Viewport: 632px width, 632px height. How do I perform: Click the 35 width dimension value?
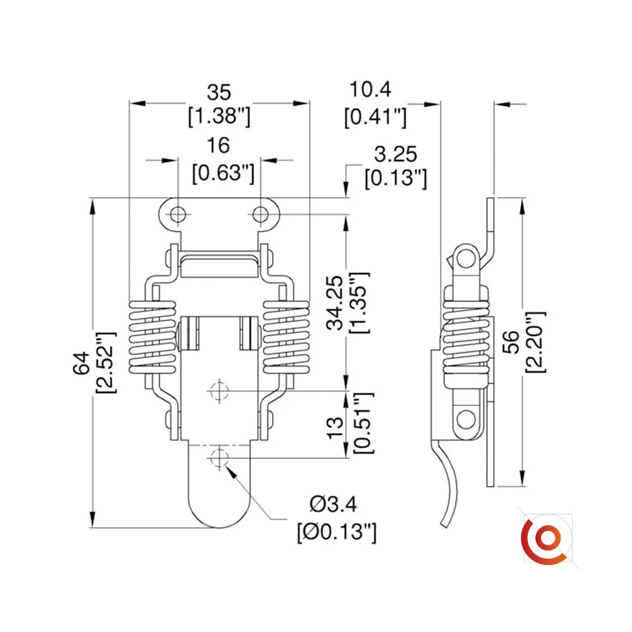(219, 92)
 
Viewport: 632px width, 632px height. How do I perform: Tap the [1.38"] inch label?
(219, 116)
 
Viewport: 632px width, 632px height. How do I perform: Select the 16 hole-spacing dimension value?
(218, 145)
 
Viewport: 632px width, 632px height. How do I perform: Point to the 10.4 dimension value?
(370, 90)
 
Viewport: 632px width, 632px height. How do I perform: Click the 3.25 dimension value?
(396, 154)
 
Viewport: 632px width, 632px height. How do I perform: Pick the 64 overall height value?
(82, 363)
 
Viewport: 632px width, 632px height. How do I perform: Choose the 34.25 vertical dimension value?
(334, 303)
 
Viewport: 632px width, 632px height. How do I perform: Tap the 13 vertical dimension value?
(336, 428)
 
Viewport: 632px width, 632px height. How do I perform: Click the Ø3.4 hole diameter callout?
(333, 504)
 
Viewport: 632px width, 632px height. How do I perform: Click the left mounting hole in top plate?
(178, 214)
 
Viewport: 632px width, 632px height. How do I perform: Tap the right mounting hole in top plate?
(260, 214)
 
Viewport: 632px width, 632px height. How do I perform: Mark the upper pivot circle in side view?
(466, 258)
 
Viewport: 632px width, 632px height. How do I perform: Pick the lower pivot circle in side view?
(466, 419)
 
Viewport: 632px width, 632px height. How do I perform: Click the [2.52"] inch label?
(106, 363)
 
